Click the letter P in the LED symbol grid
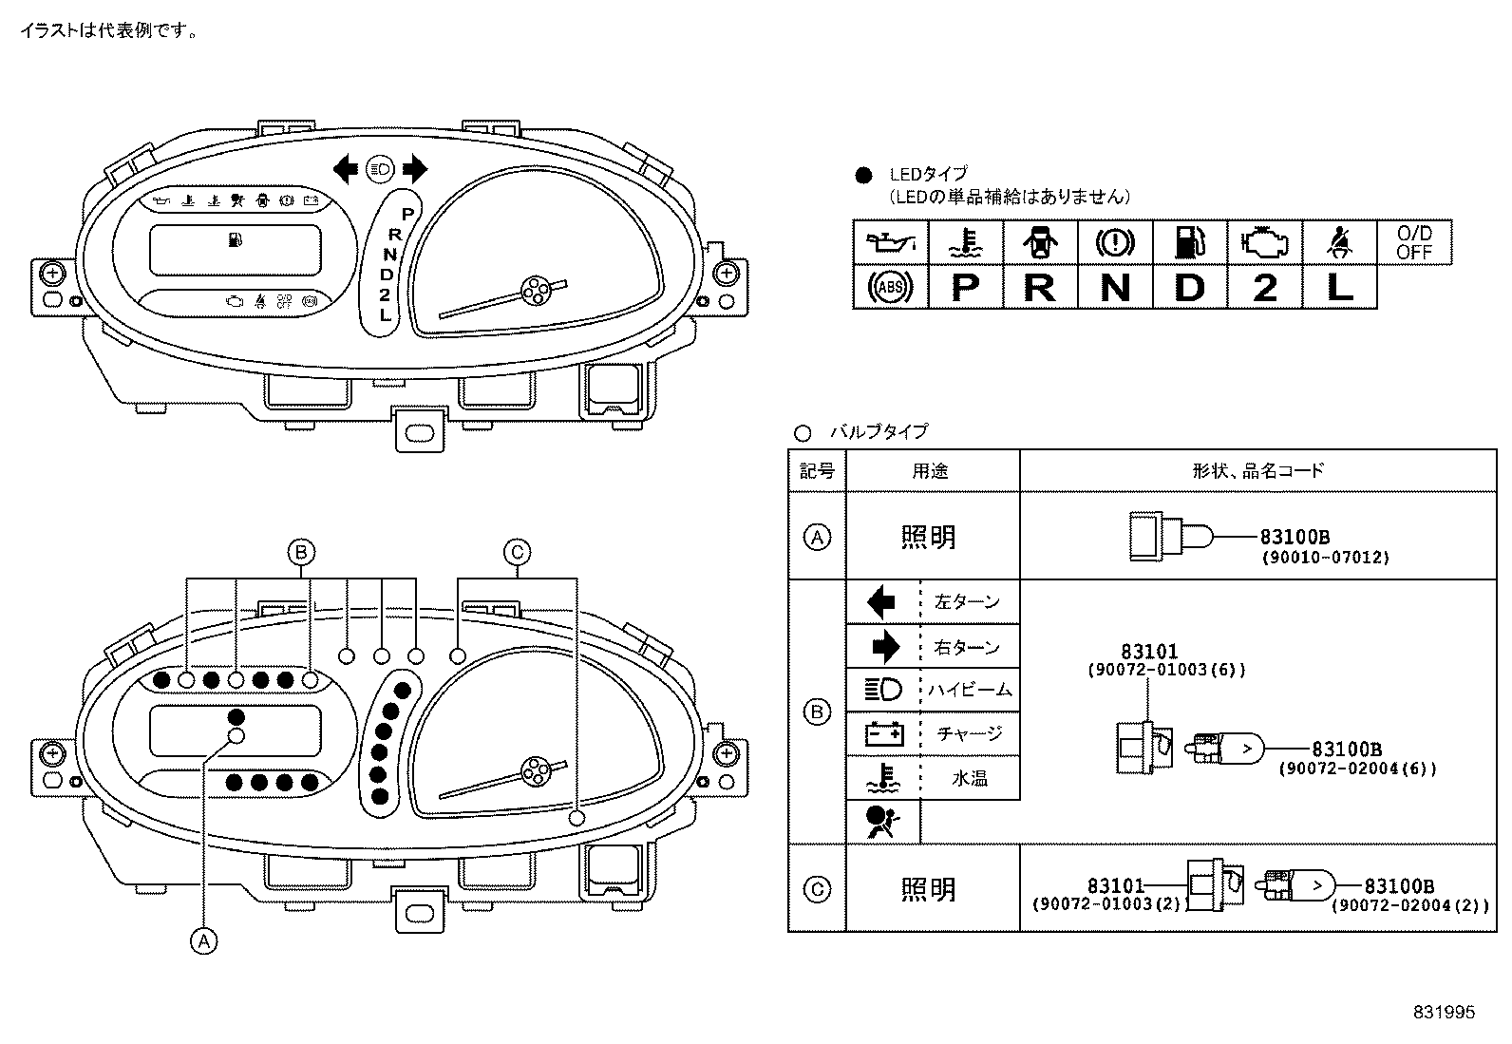pyautogui.click(x=965, y=287)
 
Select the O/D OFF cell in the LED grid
pyautogui.click(x=1414, y=242)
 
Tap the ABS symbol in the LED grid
pyautogui.click(x=889, y=287)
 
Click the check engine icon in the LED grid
pyautogui.click(x=1264, y=242)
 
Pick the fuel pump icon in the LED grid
pyautogui.click(x=1189, y=242)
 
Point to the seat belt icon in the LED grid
pyautogui.click(x=1339, y=242)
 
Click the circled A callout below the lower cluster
pyautogui.click(x=202, y=940)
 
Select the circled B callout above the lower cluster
pyautogui.click(x=301, y=551)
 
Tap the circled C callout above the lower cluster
pyautogui.click(x=517, y=551)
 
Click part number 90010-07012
pyautogui.click(x=1325, y=558)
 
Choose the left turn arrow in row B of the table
pyautogui.click(x=881, y=601)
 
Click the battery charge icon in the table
pyautogui.click(x=883, y=733)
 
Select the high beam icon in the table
pyautogui.click(x=883, y=690)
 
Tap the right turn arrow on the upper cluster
pyautogui.click(x=414, y=170)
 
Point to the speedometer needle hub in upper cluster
pyautogui.click(x=535, y=291)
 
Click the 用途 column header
pyautogui.click(x=931, y=470)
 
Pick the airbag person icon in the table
pyautogui.click(x=879, y=821)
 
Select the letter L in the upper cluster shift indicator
pyautogui.click(x=385, y=314)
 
